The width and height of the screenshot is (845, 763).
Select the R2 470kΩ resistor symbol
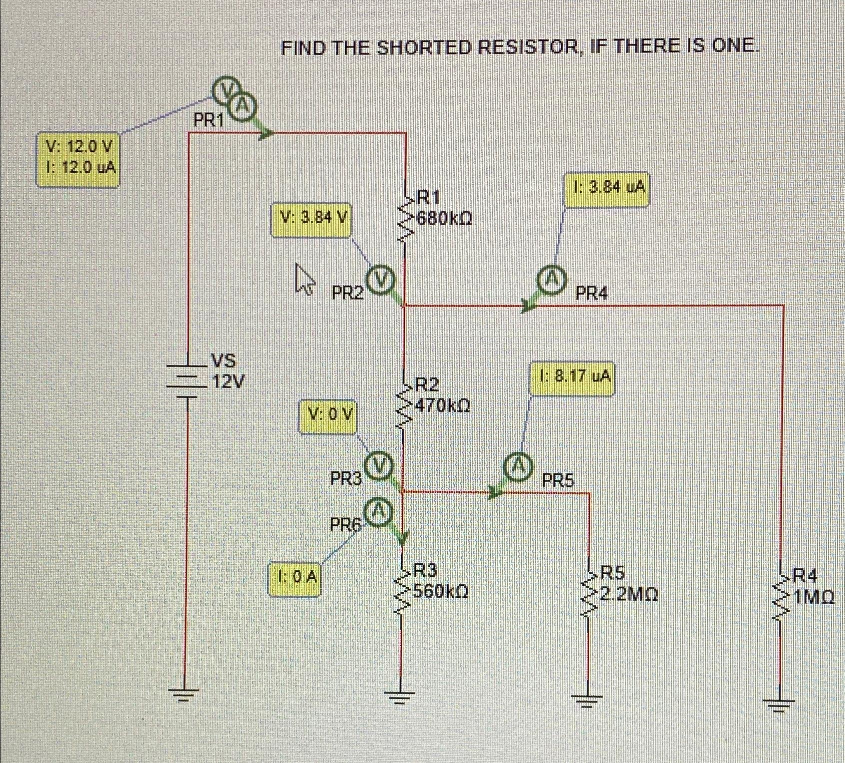point(404,404)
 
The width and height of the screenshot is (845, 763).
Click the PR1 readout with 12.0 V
point(78,159)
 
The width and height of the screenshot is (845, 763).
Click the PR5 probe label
point(559,481)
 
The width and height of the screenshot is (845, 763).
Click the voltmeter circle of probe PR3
point(379,465)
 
